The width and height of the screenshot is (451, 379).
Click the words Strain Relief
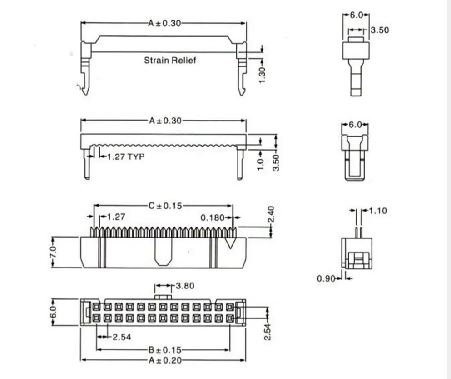point(170,60)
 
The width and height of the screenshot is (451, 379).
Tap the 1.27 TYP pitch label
point(125,157)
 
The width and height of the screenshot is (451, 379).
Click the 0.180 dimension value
point(213,217)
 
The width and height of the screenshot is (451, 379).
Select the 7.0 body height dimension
point(53,252)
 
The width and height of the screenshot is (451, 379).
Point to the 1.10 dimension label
point(378,211)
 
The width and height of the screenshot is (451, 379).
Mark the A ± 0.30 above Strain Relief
point(164,23)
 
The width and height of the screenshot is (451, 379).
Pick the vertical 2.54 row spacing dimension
point(268,331)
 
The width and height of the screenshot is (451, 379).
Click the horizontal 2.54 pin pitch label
point(121,337)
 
